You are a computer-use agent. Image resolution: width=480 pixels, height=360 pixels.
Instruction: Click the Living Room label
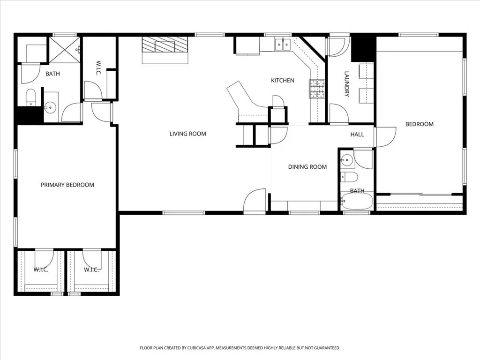(187, 134)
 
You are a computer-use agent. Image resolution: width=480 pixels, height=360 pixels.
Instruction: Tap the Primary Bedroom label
(67, 185)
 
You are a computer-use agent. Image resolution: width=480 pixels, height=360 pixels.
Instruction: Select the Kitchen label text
(283, 81)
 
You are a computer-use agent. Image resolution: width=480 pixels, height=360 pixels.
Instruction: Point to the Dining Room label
(307, 167)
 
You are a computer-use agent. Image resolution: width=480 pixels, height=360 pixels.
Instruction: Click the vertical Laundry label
(347, 84)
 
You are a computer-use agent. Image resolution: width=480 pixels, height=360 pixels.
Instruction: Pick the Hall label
(357, 135)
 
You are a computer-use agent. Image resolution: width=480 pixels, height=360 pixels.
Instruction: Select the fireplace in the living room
(165, 49)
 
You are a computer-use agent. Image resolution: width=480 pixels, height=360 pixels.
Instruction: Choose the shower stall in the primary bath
(65, 50)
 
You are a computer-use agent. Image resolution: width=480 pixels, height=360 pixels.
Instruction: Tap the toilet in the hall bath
(350, 177)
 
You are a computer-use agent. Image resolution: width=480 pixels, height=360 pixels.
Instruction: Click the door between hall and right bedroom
(384, 136)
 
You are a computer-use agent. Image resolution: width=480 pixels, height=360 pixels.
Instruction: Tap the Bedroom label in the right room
(419, 124)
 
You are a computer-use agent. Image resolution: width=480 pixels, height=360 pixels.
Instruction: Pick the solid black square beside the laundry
(364, 48)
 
